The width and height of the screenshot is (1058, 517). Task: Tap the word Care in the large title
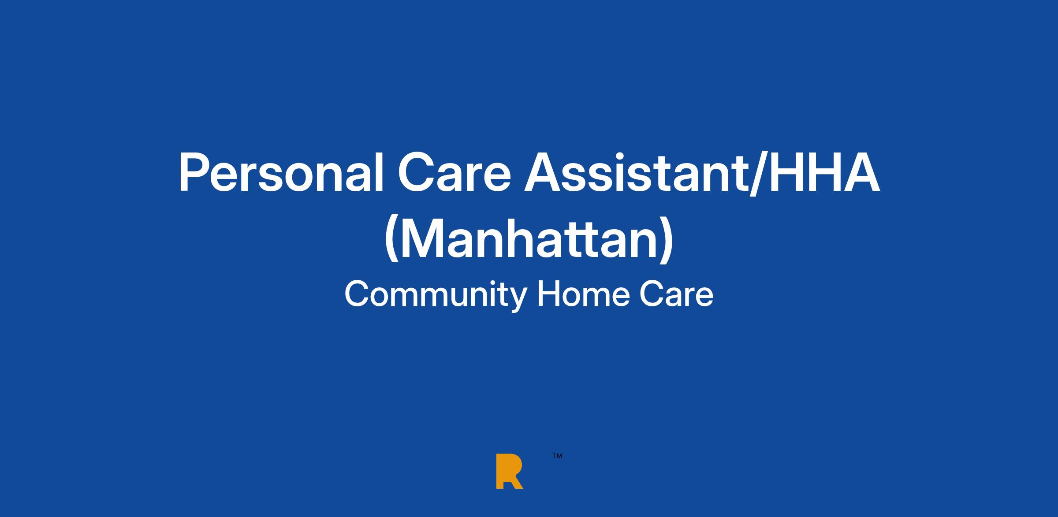coord(454,173)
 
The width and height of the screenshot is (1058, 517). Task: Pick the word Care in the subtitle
coord(677,294)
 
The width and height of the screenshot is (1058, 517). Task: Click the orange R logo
coord(509,471)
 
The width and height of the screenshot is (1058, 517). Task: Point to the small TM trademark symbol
coord(557,456)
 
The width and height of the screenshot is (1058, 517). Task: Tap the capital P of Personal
coord(194,173)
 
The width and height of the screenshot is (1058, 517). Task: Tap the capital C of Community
coord(357,294)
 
